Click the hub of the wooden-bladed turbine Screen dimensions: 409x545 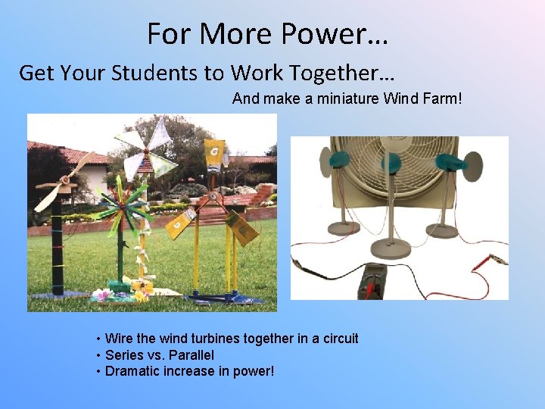[64, 183]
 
